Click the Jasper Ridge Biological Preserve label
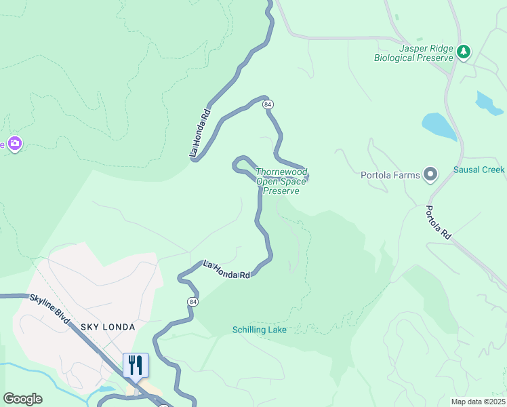click(x=414, y=53)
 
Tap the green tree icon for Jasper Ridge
click(x=464, y=52)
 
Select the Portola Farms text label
click(x=390, y=175)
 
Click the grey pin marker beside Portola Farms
click(x=430, y=175)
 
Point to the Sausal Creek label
click(x=479, y=170)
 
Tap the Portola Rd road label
click(x=439, y=222)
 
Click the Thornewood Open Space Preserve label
click(x=281, y=182)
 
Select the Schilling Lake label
click(x=259, y=330)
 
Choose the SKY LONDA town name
click(x=108, y=327)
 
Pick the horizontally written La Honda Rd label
click(x=226, y=269)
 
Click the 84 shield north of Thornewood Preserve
click(x=268, y=104)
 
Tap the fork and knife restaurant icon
click(x=136, y=366)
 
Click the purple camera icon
click(x=15, y=144)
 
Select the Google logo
click(x=22, y=399)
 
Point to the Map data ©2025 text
click(x=477, y=402)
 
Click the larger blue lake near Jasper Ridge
click(x=439, y=126)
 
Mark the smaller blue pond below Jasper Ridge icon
click(x=488, y=102)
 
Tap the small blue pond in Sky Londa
click(x=106, y=390)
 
